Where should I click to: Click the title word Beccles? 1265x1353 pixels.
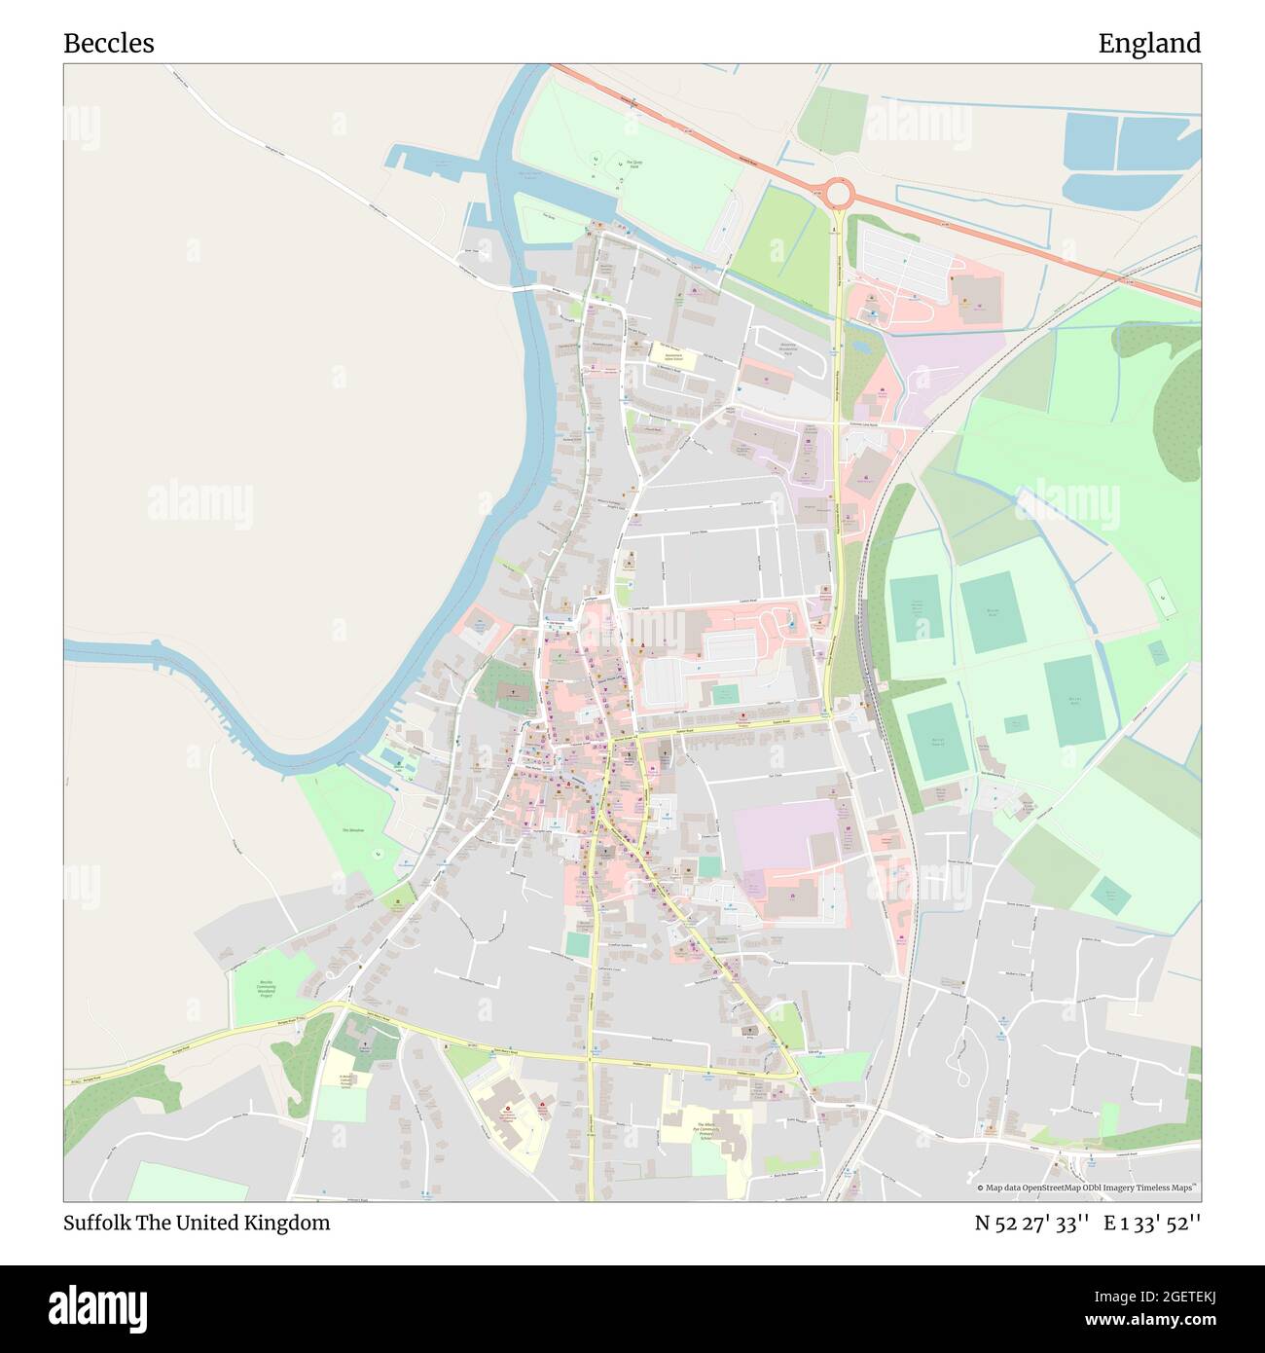click(x=108, y=44)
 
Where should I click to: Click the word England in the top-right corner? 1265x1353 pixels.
click(x=1149, y=44)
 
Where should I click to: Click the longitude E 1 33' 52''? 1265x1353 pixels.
click(x=1152, y=1223)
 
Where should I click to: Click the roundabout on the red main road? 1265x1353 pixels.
click(x=838, y=193)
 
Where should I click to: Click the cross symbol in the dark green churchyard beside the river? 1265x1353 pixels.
click(x=513, y=691)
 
